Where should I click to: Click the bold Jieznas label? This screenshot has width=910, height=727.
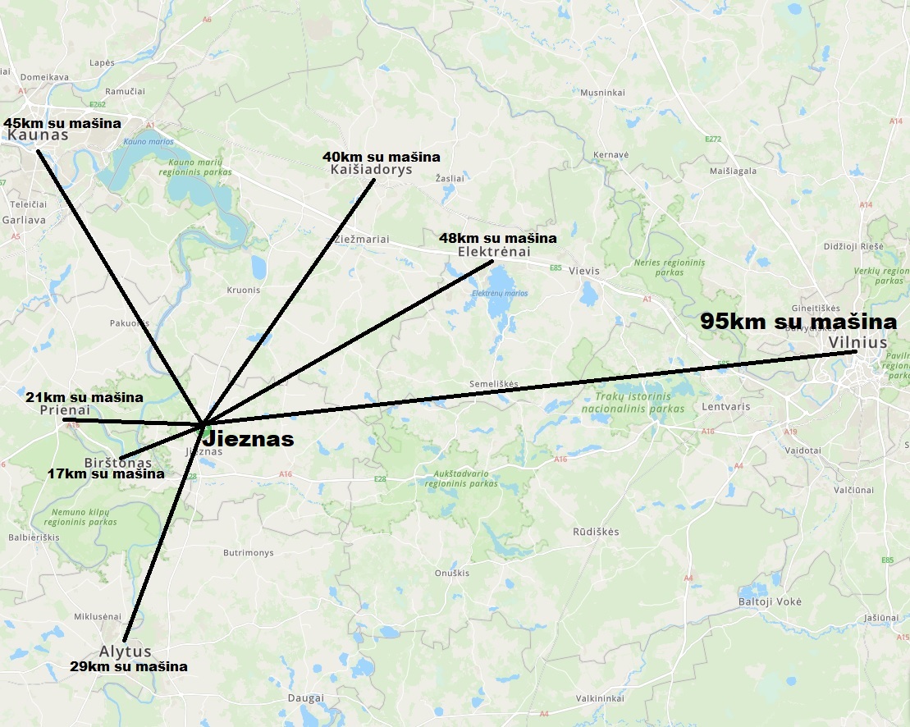(x=248, y=439)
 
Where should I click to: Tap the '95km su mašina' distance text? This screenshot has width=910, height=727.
(x=798, y=322)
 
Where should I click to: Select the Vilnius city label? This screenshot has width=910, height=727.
(x=857, y=342)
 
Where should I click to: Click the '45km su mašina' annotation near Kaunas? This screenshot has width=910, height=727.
(x=62, y=123)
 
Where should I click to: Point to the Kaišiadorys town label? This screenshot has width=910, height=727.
(x=371, y=170)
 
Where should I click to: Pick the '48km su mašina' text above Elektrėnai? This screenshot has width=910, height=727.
(x=497, y=238)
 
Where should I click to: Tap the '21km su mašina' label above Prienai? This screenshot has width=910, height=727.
(x=84, y=397)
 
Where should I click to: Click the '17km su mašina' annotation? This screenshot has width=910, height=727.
(x=105, y=473)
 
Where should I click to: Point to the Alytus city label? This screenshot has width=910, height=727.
(x=126, y=652)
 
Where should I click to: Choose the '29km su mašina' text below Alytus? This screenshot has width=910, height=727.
(x=128, y=666)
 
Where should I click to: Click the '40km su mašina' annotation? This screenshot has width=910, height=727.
(x=381, y=156)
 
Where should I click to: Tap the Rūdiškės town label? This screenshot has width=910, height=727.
(x=596, y=532)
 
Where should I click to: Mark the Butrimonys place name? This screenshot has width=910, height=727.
(x=248, y=553)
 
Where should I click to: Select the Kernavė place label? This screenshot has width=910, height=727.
(x=610, y=154)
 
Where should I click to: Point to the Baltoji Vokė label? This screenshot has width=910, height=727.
(x=770, y=601)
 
